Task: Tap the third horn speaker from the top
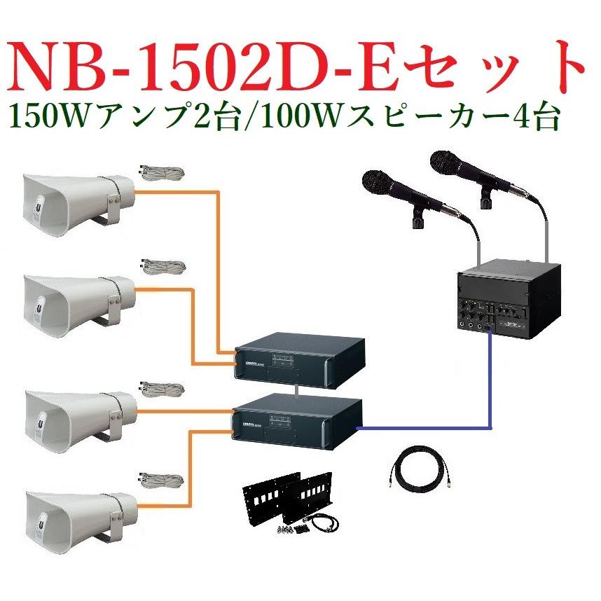[74, 413]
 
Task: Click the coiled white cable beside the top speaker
[162, 173]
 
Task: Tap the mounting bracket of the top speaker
[112, 206]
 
